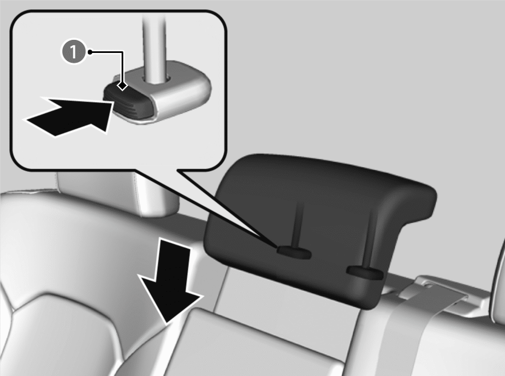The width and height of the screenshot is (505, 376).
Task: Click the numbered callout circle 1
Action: (74, 52)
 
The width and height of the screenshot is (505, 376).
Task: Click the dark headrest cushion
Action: (319, 225)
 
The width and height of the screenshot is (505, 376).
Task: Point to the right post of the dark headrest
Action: (370, 238)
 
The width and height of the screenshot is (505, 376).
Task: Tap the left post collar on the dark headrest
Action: (294, 252)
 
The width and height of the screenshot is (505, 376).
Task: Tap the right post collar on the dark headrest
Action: (365, 272)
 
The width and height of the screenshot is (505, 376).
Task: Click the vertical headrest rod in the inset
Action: (155, 48)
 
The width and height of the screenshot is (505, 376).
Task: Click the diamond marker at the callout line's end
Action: (122, 86)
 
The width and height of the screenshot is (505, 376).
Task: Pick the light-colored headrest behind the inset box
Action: (117, 193)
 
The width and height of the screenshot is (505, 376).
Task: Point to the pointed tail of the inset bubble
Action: (277, 246)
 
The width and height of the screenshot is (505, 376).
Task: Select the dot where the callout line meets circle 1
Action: (90, 52)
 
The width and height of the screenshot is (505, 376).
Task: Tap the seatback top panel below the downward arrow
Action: (251, 344)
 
